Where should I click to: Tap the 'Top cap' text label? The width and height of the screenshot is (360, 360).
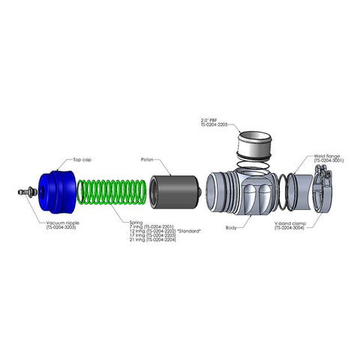[x=82, y=160]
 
